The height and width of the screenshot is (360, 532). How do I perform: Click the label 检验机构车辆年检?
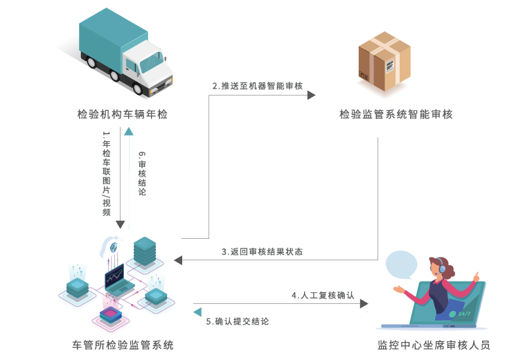coord(123,114)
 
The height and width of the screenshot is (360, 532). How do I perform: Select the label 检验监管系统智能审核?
coord(396,114)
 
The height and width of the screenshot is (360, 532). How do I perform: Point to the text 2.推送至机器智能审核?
coord(257,86)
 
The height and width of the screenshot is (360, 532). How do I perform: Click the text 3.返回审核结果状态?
coord(262,251)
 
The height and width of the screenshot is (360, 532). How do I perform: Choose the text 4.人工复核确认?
coord(323,295)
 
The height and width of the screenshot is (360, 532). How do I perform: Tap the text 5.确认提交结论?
coord(238,321)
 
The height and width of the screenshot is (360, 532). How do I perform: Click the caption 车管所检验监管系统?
coord(123,345)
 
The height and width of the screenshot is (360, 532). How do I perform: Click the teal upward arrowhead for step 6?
coord(129,131)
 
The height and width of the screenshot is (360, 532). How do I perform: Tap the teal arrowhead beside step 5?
coord(197,312)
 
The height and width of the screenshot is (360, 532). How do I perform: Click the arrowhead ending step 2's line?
coord(312,95)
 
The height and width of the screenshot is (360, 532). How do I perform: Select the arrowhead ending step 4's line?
coord(364,303)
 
